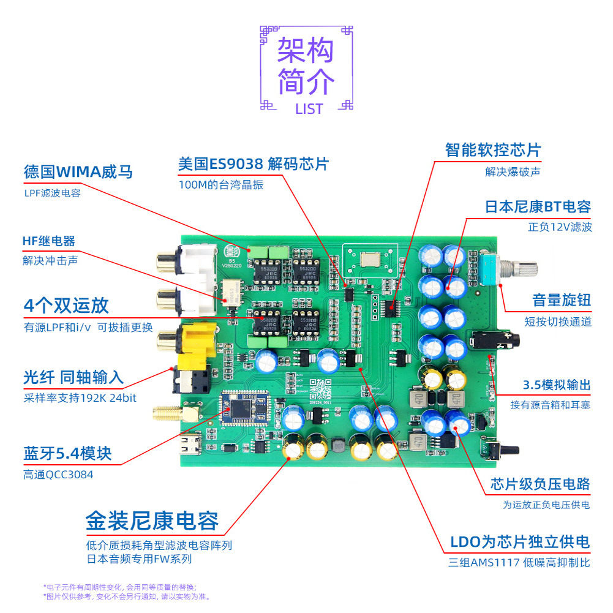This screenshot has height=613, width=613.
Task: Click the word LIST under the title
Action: coord(309,109)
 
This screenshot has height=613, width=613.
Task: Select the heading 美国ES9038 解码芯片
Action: coord(254,164)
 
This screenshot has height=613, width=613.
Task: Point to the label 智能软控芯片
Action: coord(493,150)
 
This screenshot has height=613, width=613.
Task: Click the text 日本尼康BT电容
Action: coord(538,207)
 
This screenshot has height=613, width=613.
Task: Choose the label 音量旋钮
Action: coord(561,300)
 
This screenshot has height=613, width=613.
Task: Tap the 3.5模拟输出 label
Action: coord(556,385)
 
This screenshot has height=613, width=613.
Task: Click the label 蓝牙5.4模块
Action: coord(67,454)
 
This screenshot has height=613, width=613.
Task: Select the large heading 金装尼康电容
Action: coord(152,521)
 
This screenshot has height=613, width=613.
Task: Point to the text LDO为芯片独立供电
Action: coord(519,542)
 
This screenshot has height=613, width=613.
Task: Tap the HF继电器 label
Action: coord(49,241)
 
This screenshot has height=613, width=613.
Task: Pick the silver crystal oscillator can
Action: coord(371,258)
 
